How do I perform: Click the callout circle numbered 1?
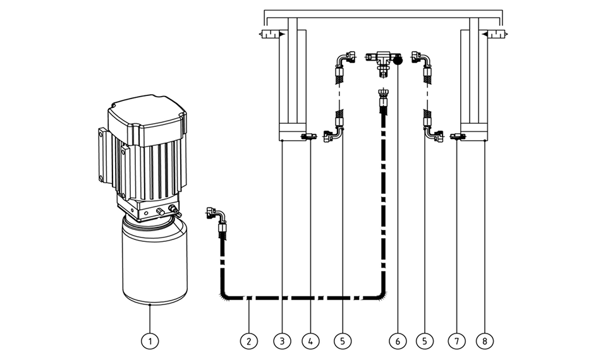(150, 341)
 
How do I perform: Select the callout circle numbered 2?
(249, 341)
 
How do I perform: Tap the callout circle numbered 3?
(283, 341)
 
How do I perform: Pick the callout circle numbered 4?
(311, 341)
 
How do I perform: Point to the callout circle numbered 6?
(398, 341)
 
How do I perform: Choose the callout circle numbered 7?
(457, 341)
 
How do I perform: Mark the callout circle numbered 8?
(485, 341)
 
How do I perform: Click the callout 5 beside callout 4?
(343, 341)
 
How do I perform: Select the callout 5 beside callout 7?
(425, 341)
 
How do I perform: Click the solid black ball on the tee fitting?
(398, 61)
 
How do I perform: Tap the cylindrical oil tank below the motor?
(155, 260)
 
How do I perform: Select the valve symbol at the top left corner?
(272, 34)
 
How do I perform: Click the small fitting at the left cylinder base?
(308, 136)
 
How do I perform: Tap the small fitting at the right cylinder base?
(458, 136)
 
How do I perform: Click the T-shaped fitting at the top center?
(383, 62)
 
